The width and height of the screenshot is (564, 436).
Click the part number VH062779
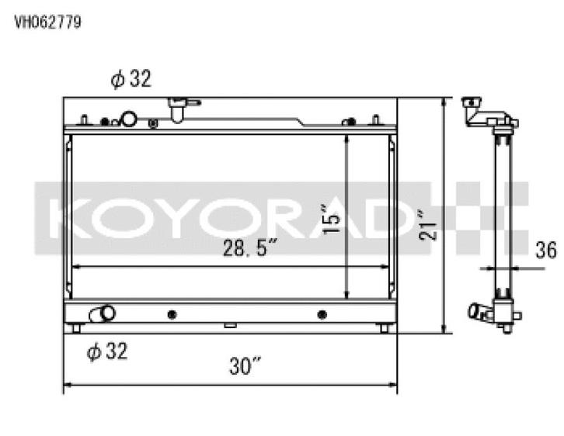click(47, 22)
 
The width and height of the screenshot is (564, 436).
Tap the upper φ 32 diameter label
click(131, 79)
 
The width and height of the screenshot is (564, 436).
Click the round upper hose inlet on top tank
click(128, 119)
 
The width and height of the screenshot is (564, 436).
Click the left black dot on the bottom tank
click(172, 314)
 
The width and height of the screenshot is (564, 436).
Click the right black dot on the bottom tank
click(322, 314)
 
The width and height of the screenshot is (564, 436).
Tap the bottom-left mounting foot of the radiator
click(76, 328)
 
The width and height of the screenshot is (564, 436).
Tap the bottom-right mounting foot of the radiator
click(384, 328)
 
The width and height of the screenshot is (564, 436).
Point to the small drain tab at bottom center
click(230, 326)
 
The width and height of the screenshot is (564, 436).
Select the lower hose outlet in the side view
click(476, 312)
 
